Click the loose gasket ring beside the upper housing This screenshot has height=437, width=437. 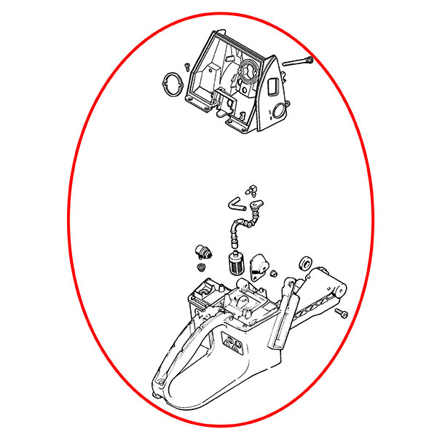tap(172, 82)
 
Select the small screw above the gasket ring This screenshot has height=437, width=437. tap(187, 66)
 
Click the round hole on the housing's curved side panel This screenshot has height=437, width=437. tap(277, 112)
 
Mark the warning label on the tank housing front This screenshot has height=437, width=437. tap(232, 342)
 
